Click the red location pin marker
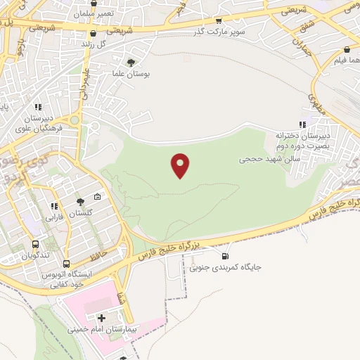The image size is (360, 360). (x=181, y=165)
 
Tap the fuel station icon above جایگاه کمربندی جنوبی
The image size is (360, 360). (x=225, y=255)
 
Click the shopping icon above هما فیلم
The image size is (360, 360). (x=347, y=50)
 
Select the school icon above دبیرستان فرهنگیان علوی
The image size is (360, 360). (x=38, y=108)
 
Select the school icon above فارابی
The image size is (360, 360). (x=53, y=206)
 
